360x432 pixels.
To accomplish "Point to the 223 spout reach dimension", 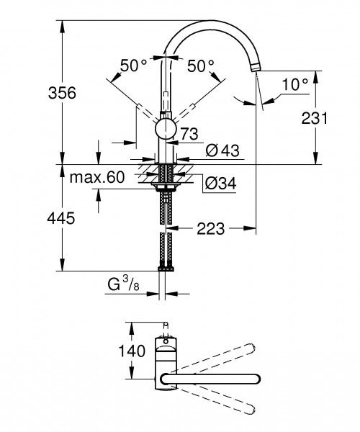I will (212, 229).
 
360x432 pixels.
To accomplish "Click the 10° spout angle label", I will (294, 84).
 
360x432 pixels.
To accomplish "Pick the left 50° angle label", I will (133, 66).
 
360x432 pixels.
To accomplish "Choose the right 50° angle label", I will (201, 66).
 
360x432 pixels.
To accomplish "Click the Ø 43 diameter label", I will (222, 150).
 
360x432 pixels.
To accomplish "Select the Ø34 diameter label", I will (220, 184).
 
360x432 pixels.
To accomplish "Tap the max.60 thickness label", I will (98, 176).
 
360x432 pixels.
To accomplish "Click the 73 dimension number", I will (189, 133).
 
